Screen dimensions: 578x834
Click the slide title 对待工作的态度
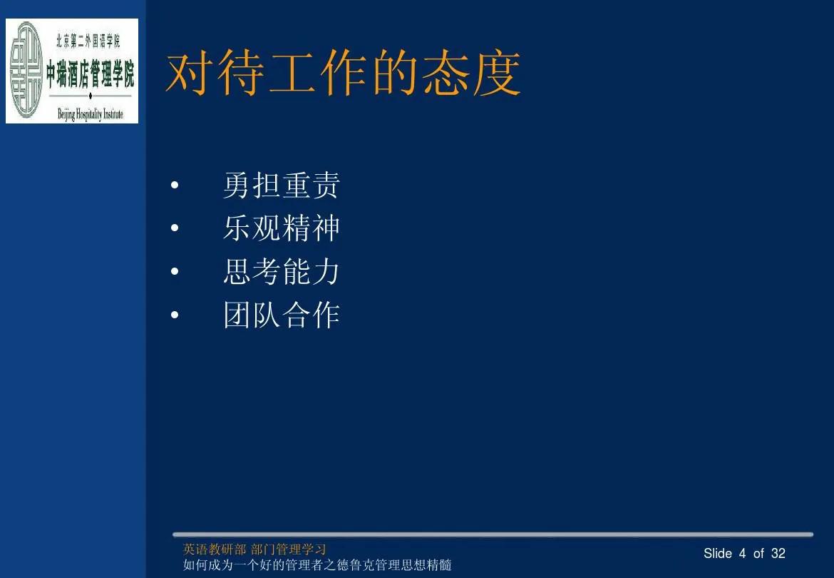343,73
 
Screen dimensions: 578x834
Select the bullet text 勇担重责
282,186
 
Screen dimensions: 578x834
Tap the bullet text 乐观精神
282,228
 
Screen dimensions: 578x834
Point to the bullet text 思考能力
282,272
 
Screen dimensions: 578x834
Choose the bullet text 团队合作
282,315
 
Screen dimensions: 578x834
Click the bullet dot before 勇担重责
175,188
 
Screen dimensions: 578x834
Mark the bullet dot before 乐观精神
175,230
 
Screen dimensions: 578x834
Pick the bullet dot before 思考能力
175,273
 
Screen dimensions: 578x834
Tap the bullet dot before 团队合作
175,315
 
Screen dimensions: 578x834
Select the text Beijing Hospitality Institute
90,114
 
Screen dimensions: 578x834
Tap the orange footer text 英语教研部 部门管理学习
254,549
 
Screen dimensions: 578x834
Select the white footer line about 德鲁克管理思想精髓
317,566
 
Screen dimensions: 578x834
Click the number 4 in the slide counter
743,554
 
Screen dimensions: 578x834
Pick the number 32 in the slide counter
778,554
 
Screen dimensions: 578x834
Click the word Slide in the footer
718,554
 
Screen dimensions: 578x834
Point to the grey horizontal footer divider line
492,534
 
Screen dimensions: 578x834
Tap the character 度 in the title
496,73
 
